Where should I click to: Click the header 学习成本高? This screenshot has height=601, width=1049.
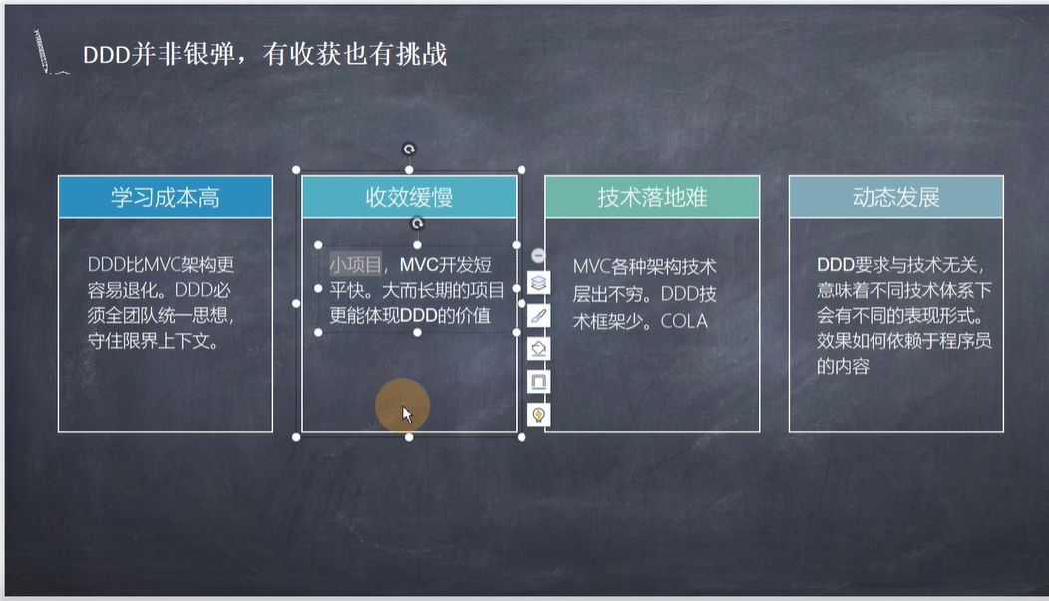[166, 198]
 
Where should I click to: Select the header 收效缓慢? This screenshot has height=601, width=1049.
[409, 198]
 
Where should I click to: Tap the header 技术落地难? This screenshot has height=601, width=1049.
[652, 198]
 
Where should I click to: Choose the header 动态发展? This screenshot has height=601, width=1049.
[895, 198]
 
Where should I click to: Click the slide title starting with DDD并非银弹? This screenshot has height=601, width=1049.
[264, 54]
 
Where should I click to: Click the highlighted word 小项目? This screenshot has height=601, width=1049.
[355, 265]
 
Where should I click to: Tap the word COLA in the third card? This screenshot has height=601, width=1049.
[684, 321]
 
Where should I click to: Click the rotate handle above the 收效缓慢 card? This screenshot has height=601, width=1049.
[409, 150]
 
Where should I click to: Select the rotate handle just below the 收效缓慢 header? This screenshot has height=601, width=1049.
[417, 224]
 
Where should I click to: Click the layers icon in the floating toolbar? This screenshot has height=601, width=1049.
[538, 283]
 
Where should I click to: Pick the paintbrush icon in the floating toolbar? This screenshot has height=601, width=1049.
[538, 316]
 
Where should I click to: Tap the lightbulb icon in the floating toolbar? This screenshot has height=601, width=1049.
[538, 415]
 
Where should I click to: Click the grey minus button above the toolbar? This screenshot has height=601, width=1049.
[538, 255]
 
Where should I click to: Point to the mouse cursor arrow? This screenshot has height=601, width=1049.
[406, 414]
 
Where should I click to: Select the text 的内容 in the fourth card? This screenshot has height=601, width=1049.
[843, 367]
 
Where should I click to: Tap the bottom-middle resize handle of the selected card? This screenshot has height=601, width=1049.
[409, 437]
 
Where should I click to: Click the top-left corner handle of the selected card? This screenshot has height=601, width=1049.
[296, 170]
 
